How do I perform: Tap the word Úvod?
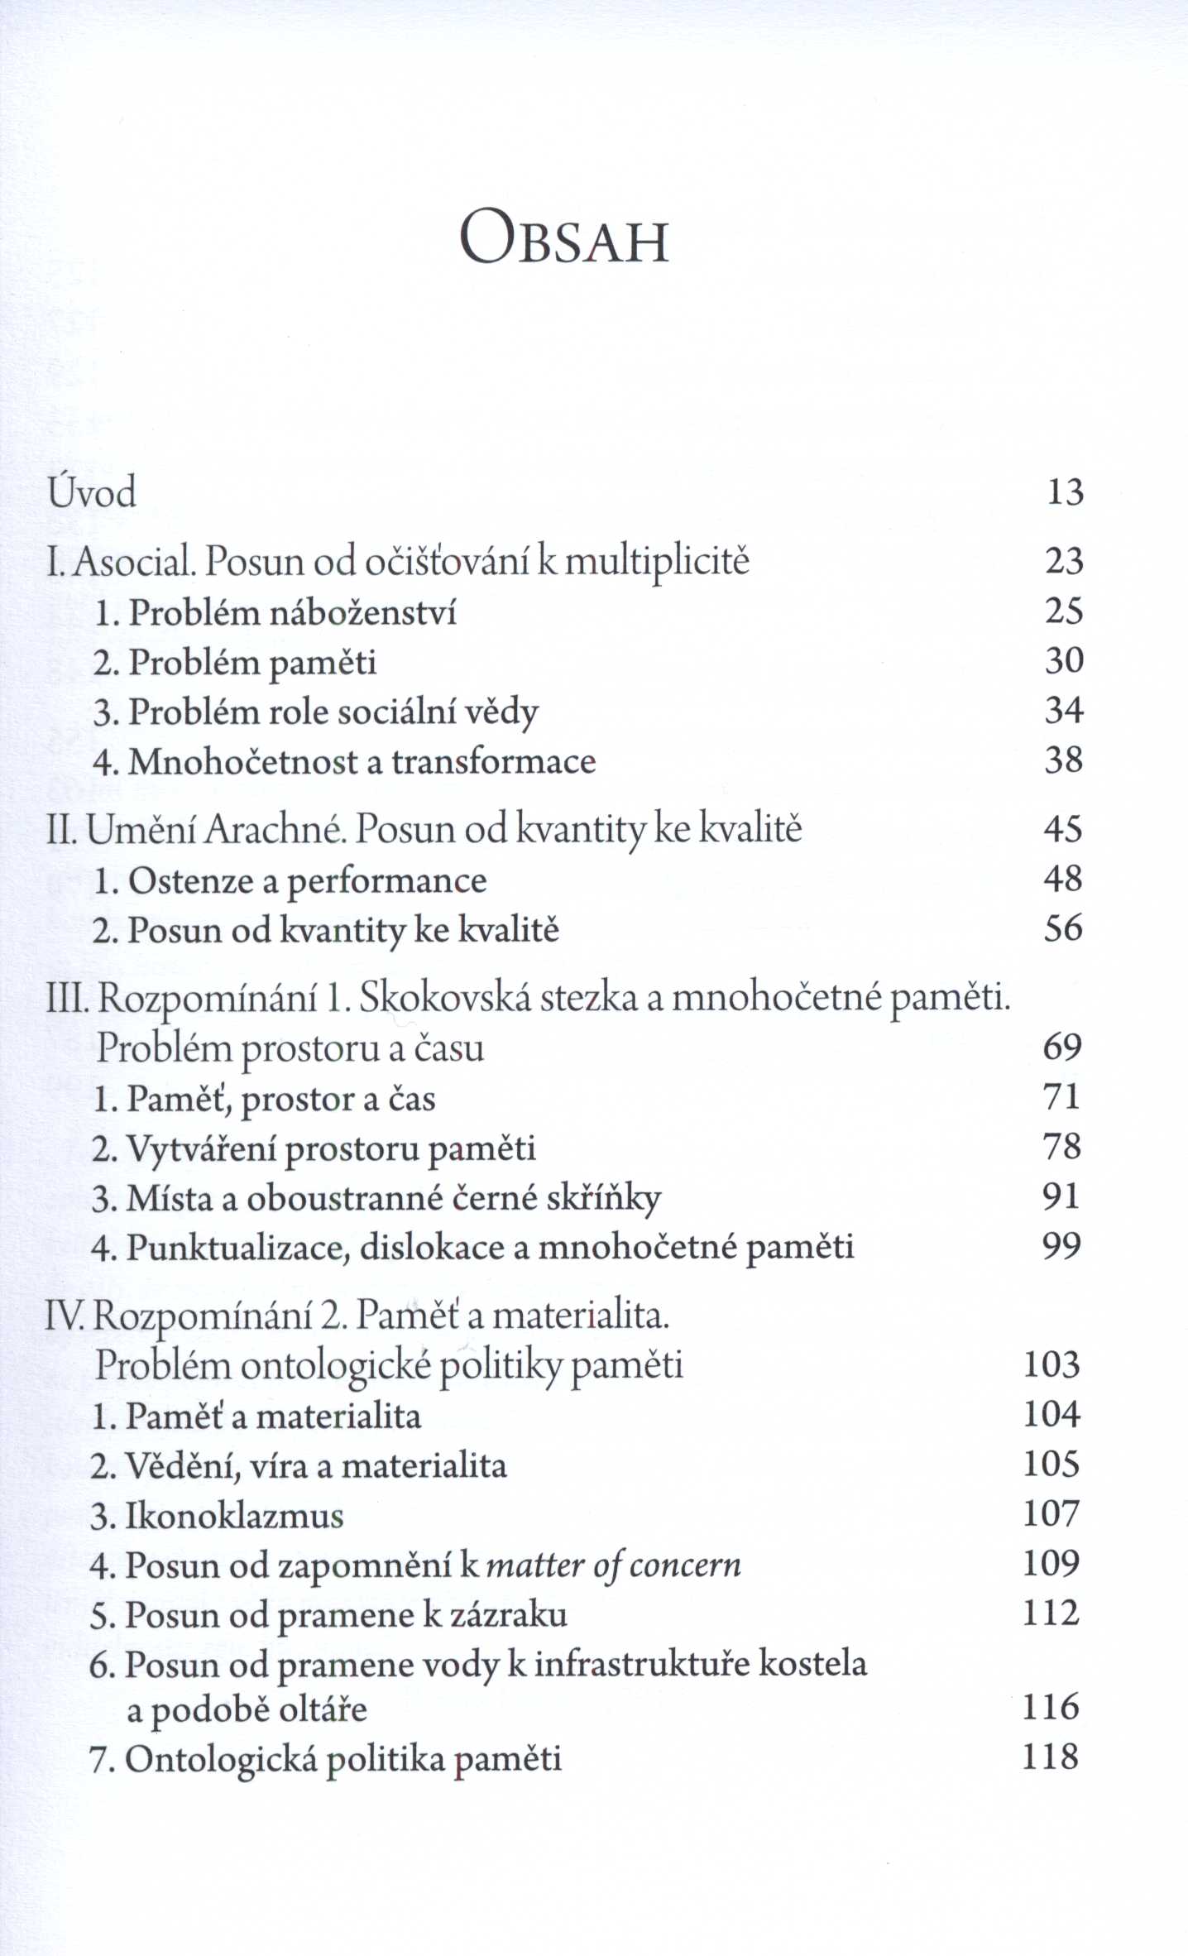click(92, 492)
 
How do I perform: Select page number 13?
click(1065, 492)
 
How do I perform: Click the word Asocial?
click(135, 562)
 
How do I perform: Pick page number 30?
click(1064, 661)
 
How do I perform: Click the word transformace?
click(494, 762)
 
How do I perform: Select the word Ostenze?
click(190, 880)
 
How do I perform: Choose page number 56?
click(1063, 929)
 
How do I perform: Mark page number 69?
click(1062, 1048)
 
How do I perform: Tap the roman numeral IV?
click(65, 1316)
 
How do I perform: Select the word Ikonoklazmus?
click(234, 1516)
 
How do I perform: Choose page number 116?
click(1051, 1707)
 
